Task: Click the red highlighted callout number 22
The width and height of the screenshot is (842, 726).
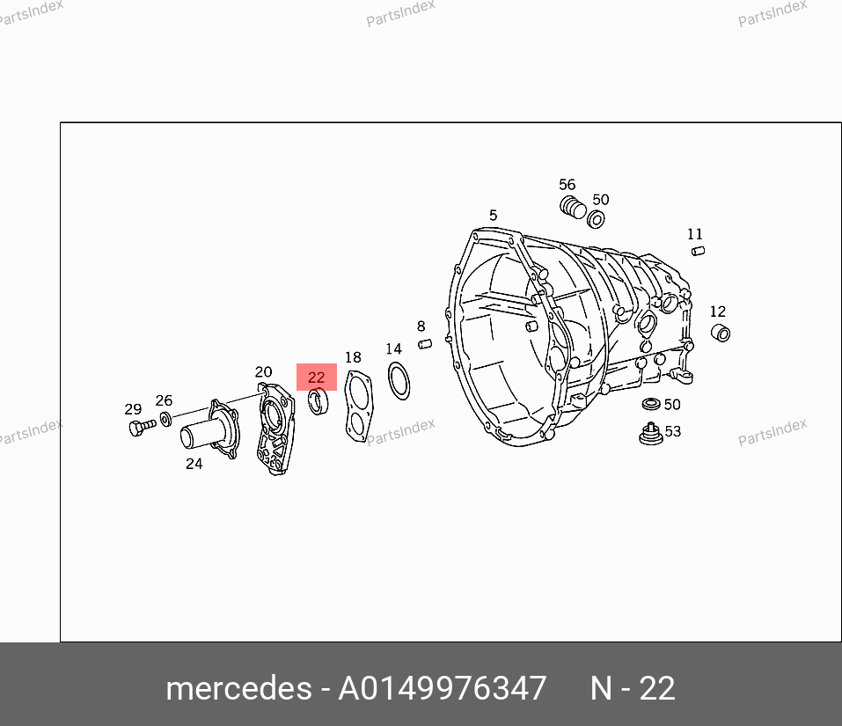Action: coord(316,377)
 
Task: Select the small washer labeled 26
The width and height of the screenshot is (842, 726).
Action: coord(166,419)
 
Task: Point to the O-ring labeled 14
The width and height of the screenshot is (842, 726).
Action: coord(399,381)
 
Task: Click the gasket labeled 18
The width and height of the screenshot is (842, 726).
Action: coord(358,407)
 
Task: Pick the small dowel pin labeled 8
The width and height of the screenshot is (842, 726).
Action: coord(425,344)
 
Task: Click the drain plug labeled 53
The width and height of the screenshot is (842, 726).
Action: coord(651,435)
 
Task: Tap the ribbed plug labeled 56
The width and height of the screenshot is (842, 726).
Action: coord(573,208)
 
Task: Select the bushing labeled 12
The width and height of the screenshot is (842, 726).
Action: coord(721,333)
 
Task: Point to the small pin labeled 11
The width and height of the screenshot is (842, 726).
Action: coord(698,251)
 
